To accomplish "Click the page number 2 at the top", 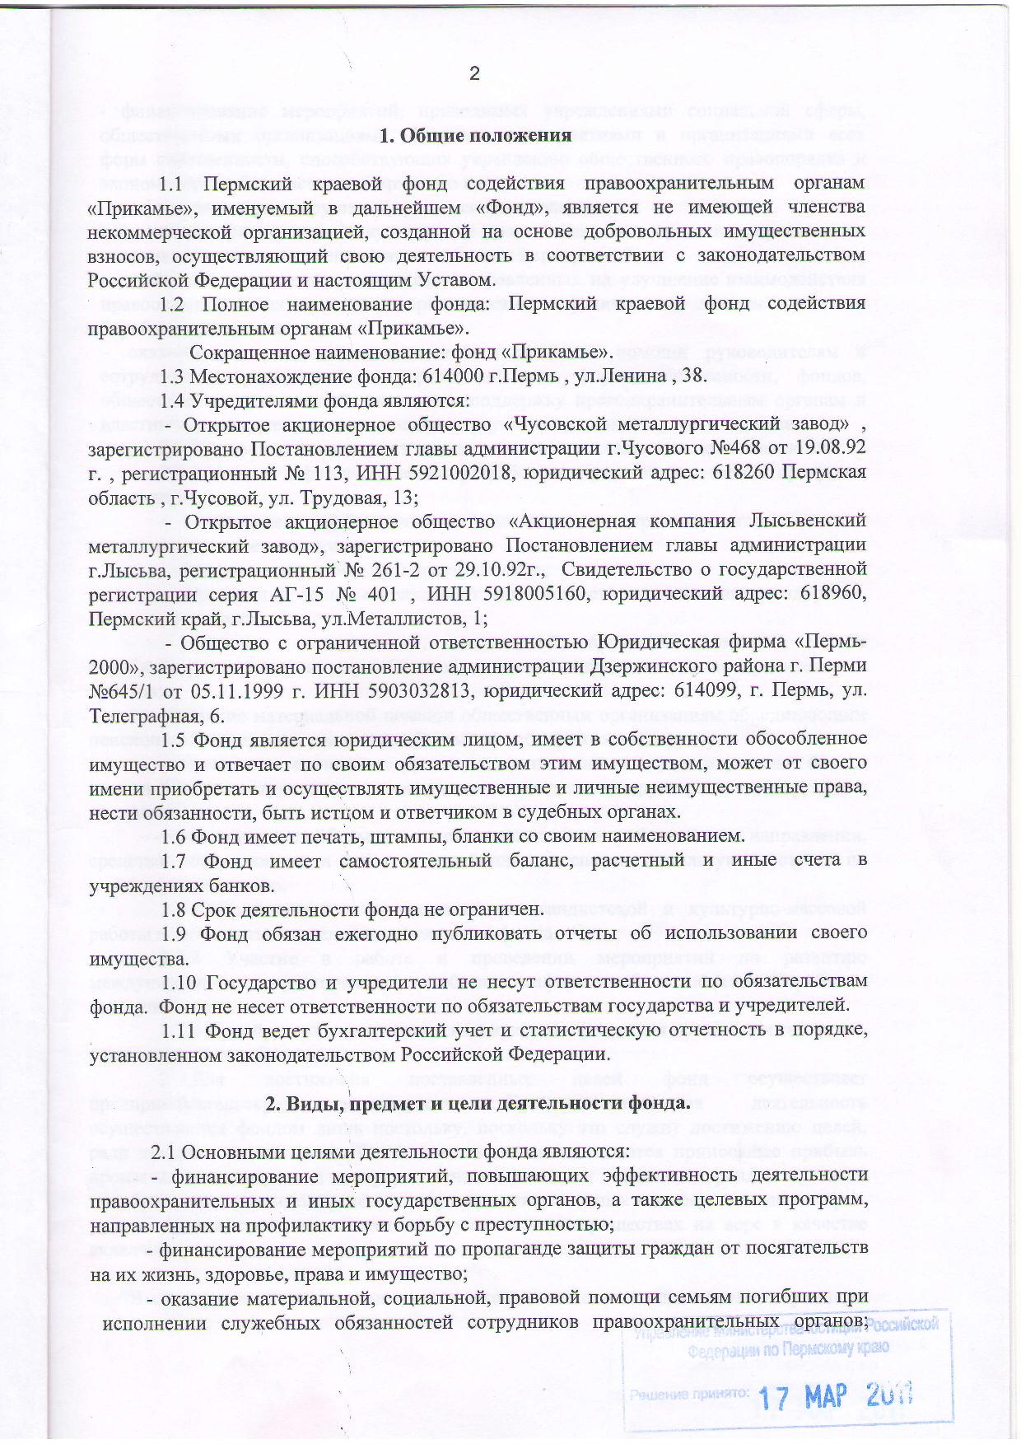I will [473, 74].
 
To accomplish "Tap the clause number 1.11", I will [179, 1030].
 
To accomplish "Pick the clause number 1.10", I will [179, 982].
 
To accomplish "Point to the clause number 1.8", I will [174, 909].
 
